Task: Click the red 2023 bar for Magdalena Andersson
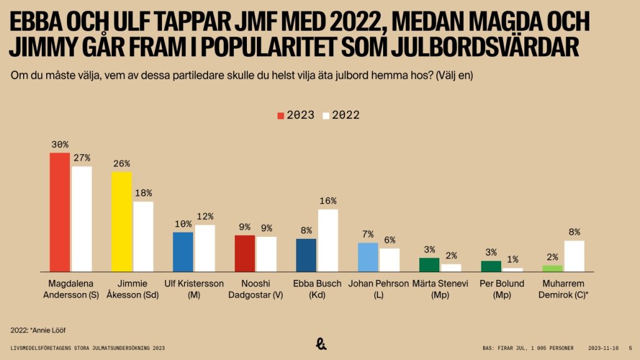tap(59, 212)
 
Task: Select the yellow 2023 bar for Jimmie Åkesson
tap(121, 221)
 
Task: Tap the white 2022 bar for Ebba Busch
tap(327, 240)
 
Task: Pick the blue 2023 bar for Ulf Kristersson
tap(182, 251)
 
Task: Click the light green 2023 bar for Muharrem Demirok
tap(552, 268)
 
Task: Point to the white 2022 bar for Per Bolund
tap(512, 269)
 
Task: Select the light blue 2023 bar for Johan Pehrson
tap(368, 256)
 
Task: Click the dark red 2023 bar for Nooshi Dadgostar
tap(244, 253)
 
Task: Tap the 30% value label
tap(60, 144)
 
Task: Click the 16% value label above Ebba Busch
tap(327, 201)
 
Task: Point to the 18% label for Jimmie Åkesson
tap(143, 193)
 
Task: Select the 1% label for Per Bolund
tap(512, 259)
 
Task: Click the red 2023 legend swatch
tap(281, 116)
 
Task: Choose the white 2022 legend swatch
tap(326, 116)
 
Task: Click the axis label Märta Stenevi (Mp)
tap(440, 289)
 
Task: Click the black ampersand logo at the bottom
tap(320, 343)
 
